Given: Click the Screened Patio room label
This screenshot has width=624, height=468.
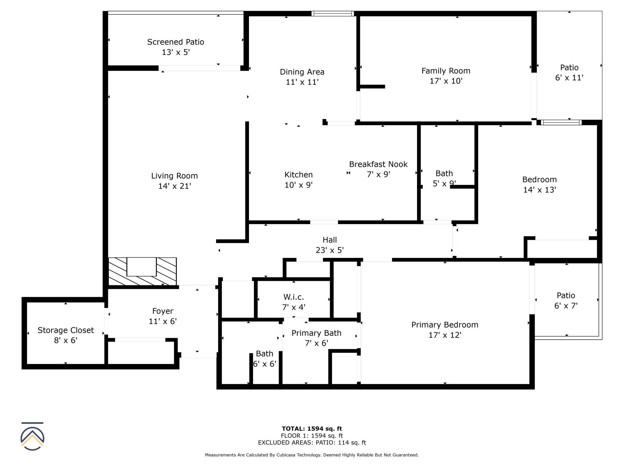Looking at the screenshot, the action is click(x=175, y=42).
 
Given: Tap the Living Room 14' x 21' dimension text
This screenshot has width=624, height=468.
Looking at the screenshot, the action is click(x=175, y=186).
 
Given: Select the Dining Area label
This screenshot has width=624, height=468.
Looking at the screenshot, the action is click(x=302, y=72).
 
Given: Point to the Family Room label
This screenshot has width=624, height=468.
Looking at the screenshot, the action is click(x=446, y=71).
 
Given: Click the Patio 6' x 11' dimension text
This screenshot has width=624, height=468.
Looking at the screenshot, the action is click(x=569, y=78).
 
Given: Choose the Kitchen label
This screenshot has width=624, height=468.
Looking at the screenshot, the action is click(x=298, y=175).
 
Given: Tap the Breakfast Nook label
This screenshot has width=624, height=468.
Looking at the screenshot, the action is click(x=378, y=164).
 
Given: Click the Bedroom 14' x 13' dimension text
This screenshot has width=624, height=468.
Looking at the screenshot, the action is click(x=540, y=190).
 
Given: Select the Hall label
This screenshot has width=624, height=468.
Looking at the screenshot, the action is click(x=330, y=240).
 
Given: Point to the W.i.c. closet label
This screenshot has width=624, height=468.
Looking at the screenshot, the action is click(x=294, y=297).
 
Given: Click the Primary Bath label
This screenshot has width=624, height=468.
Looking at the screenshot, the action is click(x=316, y=333).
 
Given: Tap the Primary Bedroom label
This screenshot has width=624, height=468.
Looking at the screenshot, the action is click(x=445, y=325).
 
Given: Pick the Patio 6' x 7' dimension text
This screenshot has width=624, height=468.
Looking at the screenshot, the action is click(x=566, y=306).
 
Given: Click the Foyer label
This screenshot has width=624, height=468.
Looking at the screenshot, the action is click(x=163, y=311).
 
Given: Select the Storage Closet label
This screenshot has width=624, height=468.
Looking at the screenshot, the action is click(x=66, y=330).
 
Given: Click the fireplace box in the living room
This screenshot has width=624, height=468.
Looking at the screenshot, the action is click(x=141, y=267).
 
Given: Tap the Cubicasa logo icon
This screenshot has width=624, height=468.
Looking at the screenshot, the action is click(x=32, y=436).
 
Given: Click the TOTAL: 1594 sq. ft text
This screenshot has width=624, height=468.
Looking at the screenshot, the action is click(x=312, y=429).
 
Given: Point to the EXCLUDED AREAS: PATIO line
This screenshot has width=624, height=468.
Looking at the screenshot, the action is click(x=312, y=442).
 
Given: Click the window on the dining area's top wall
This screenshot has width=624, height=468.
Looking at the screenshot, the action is click(x=333, y=13).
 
